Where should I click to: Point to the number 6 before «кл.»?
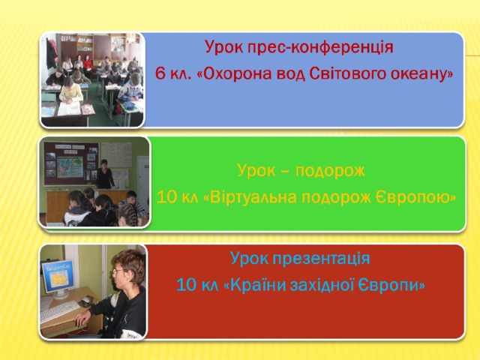160,73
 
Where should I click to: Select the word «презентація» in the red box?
321,259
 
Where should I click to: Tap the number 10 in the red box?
187,285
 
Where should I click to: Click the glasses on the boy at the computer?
119,271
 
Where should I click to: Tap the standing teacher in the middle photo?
104,175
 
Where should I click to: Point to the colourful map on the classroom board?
70,167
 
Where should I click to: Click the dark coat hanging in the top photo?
51,54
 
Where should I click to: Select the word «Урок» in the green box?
252,171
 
